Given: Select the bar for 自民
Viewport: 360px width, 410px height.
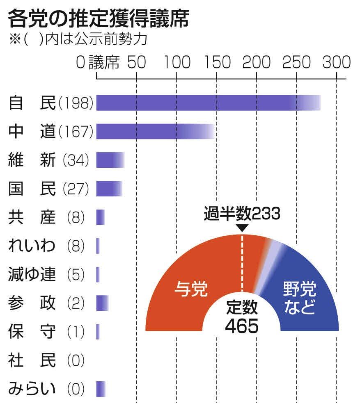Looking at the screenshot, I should (x=205, y=103).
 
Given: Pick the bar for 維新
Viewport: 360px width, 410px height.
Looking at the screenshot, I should (x=110, y=160).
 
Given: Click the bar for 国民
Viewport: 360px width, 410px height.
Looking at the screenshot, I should (x=109, y=188).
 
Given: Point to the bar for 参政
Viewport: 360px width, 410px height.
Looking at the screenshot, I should (x=102, y=303).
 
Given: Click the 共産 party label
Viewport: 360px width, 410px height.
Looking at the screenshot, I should (x=32, y=217).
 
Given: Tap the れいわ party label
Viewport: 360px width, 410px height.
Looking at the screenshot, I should (x=32, y=246).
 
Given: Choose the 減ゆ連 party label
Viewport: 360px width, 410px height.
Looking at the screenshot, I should (x=32, y=274).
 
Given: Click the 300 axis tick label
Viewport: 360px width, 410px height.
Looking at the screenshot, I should (x=336, y=62).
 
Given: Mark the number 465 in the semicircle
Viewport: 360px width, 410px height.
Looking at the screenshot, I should (x=242, y=327).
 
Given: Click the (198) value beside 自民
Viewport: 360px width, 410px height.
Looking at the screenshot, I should (x=77, y=103).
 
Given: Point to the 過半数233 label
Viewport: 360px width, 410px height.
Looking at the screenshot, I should (x=242, y=214).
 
